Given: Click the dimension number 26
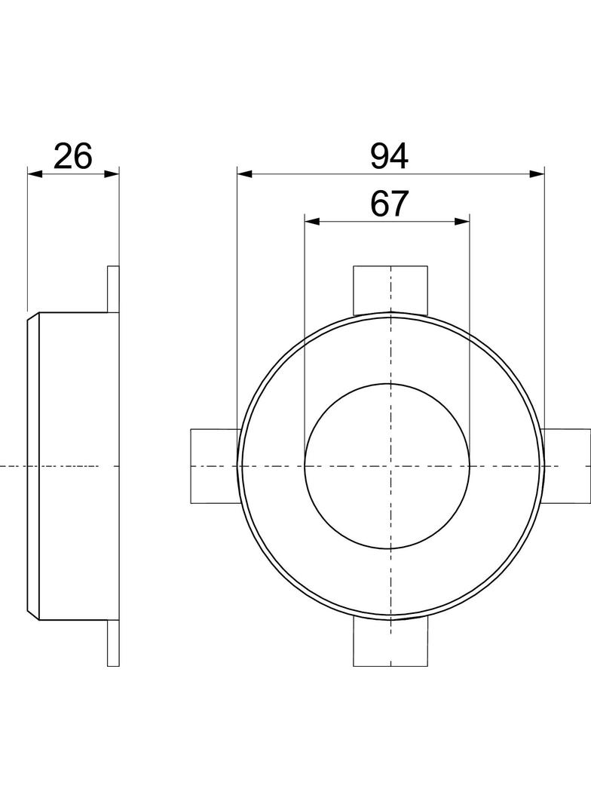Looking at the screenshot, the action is pyautogui.click(x=73, y=156).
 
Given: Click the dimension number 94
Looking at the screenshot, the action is pyautogui.click(x=390, y=156).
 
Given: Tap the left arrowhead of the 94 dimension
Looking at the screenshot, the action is pyautogui.click(x=244, y=173).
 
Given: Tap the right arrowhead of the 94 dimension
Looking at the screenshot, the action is pyautogui.click(x=537, y=173).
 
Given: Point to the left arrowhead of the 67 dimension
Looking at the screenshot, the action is pyautogui.click(x=312, y=221).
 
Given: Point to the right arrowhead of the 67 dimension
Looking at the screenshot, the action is pyautogui.click(x=462, y=221).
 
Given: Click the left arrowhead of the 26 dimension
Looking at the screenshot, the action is pyautogui.click(x=35, y=173).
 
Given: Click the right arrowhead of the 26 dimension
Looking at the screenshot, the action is pyautogui.click(x=112, y=173).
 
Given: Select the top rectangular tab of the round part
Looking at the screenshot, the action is pyautogui.click(x=390, y=290).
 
